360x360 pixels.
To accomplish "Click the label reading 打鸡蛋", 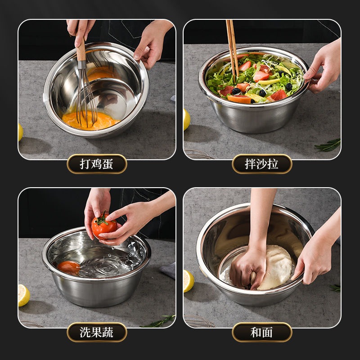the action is tap(97, 164).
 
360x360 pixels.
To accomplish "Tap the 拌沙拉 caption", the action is tap(262, 164).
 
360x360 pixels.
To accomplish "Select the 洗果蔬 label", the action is tap(97, 332).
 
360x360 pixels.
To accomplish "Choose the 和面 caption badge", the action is tap(262, 332).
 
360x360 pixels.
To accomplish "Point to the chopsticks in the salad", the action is tap(232, 50).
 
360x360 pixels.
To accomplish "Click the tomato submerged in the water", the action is tap(69, 268).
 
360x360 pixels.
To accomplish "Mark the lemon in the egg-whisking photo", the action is tap(20, 132).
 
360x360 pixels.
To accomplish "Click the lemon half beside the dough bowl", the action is tap(189, 281).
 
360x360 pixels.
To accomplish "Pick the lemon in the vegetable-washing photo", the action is tap(24, 295).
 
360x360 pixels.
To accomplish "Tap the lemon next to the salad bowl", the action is tap(187, 119).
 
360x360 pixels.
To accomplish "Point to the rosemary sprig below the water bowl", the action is tap(158, 321).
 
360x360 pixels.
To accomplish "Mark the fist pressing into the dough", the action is tap(248, 267).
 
